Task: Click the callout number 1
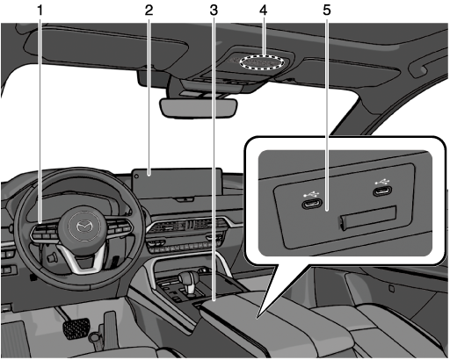[x=40, y=11]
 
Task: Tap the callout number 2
[x=149, y=11]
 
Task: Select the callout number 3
[x=214, y=11]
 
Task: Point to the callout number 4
[x=263, y=11]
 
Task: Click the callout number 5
[x=327, y=11]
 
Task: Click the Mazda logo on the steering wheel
[x=83, y=227]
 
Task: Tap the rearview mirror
[x=198, y=108]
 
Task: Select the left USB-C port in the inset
[x=312, y=204]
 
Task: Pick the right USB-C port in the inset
[x=382, y=191]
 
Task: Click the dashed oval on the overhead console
[x=262, y=62]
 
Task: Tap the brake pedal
[x=76, y=328]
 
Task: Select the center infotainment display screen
[x=177, y=184]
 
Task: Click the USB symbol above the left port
[x=311, y=194]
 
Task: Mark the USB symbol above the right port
[x=382, y=181]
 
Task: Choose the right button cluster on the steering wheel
[x=120, y=227]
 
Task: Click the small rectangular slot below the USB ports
[x=368, y=218]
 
